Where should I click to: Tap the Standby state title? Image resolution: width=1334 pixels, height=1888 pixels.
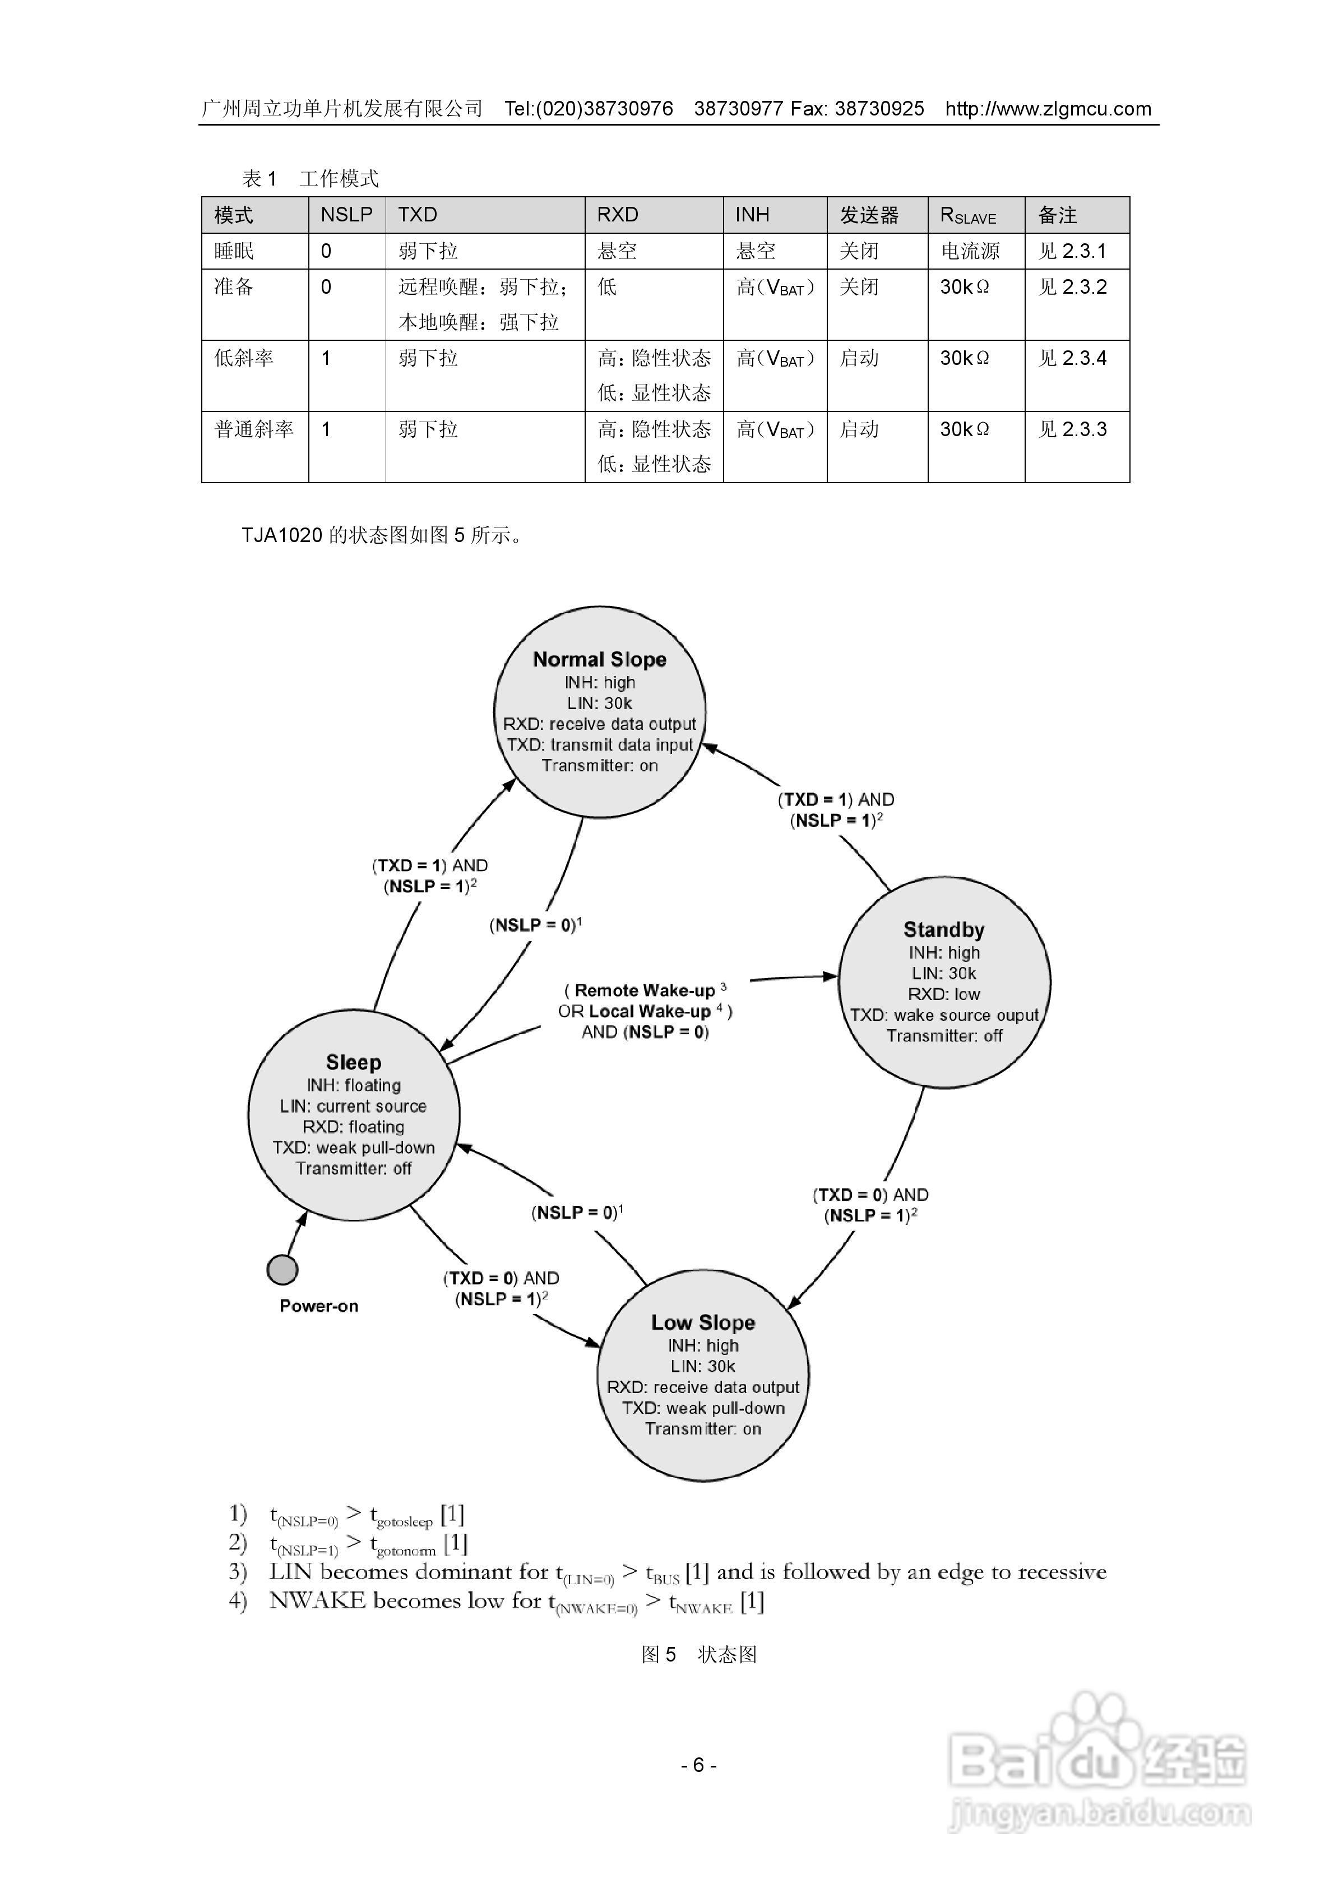[943, 930]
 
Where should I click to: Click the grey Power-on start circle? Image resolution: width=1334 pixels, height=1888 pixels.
[282, 1270]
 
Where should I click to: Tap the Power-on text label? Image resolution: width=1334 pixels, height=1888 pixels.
[318, 1306]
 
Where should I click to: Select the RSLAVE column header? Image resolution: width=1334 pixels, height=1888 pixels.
[968, 215]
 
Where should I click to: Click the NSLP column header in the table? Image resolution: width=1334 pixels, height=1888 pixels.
[346, 215]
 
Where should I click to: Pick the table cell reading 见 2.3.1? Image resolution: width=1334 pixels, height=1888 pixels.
[1072, 251]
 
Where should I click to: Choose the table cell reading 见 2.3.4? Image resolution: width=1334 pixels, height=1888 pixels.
[1072, 358]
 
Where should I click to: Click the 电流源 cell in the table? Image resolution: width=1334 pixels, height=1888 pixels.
[970, 251]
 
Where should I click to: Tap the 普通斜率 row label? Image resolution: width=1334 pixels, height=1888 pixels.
[253, 429]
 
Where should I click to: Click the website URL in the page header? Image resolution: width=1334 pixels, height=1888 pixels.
[1047, 109]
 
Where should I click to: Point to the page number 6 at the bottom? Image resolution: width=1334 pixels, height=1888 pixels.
[698, 1765]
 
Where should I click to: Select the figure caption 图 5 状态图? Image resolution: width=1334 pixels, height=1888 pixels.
[698, 1654]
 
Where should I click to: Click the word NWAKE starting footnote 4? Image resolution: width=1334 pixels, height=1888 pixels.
[317, 1600]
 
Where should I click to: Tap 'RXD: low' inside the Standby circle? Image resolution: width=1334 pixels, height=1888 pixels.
[943, 994]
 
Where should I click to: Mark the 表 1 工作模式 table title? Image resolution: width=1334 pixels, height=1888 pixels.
[310, 178]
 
